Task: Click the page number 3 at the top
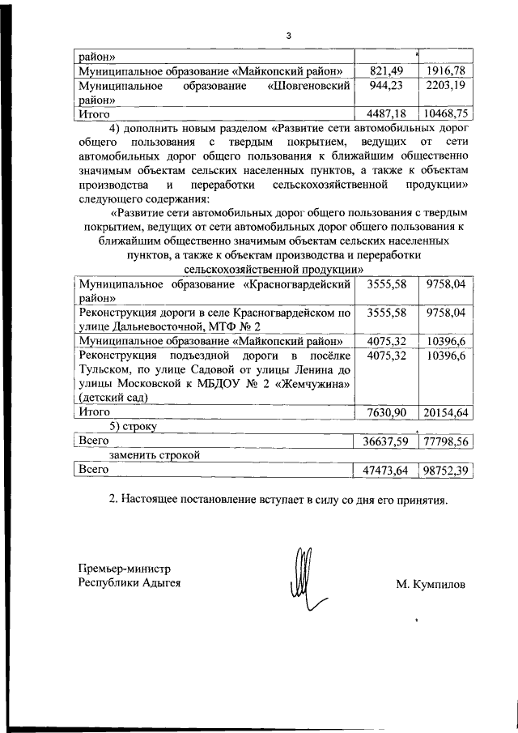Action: (288, 35)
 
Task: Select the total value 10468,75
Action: (445, 114)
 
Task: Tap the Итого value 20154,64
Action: (445, 412)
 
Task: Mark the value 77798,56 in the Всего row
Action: (445, 441)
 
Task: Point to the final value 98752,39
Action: (445, 470)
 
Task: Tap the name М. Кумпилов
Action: (431, 583)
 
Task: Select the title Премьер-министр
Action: (125, 569)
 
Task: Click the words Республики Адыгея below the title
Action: (129, 582)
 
